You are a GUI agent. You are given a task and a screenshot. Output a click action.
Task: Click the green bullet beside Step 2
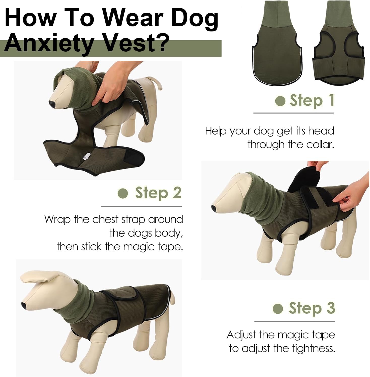coord(123,194)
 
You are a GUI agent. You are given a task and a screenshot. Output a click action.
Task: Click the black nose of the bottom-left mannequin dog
coord(23,305)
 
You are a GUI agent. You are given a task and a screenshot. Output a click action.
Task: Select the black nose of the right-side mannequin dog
coord(214,208)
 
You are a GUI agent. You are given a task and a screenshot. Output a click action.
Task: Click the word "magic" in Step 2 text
coord(140,247)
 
